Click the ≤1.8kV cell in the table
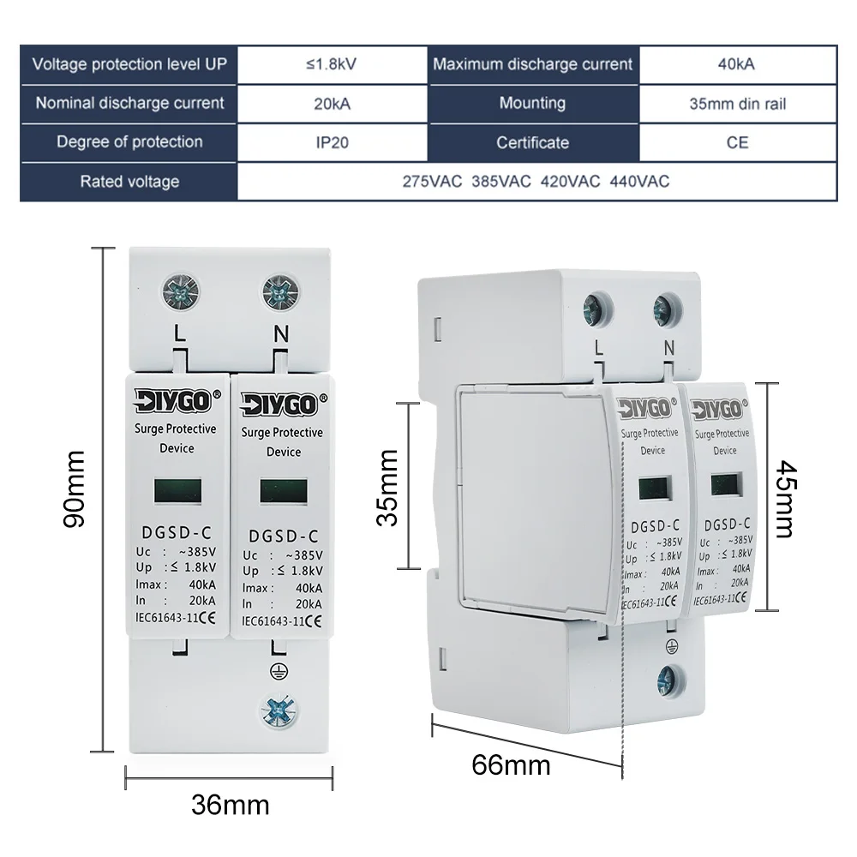point(331,64)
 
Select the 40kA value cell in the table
point(737,64)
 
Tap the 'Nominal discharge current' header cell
point(129,103)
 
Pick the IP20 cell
point(331,142)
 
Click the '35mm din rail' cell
point(737,104)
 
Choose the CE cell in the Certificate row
point(737,142)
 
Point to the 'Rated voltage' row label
point(129,182)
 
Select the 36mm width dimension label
point(230,805)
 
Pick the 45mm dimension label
point(786,500)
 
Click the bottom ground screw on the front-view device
point(279,710)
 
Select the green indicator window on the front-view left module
point(178,490)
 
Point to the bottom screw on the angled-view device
point(666,681)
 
